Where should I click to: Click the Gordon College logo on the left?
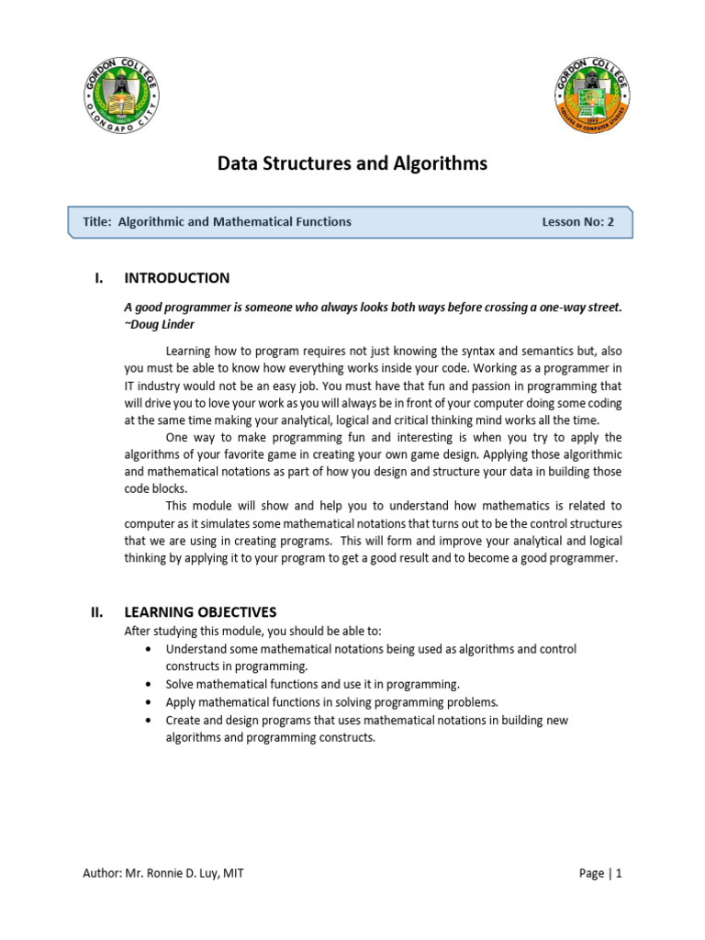point(121,95)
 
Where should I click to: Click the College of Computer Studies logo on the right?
point(592,95)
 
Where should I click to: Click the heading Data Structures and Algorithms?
point(352,164)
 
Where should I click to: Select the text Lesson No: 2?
point(578,221)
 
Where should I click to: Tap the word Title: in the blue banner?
point(96,221)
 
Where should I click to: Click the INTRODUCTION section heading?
point(177,278)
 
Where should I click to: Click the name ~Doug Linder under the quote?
point(161,323)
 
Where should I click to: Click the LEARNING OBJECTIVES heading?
point(200,612)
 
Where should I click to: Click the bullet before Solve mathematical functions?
point(149,685)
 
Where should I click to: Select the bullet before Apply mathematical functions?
point(149,702)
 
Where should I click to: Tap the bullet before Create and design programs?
point(149,721)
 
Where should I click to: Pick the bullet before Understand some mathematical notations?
point(149,649)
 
